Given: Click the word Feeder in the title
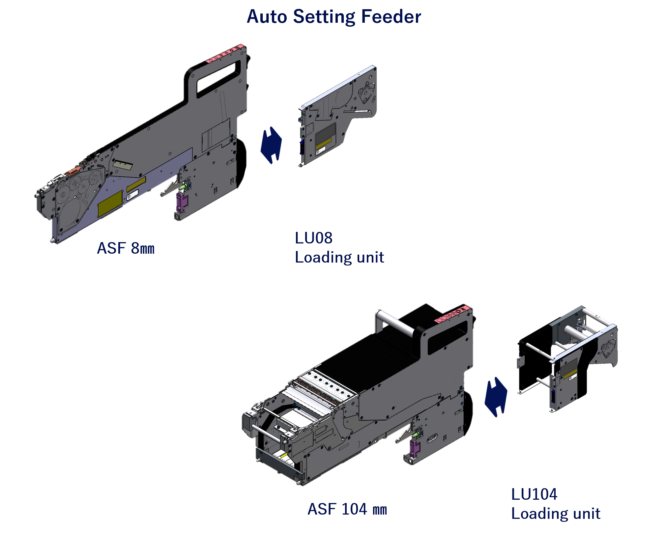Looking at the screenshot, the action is click(x=391, y=16).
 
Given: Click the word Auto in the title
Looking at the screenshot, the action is click(x=267, y=16).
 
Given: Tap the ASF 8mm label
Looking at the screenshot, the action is click(x=126, y=248).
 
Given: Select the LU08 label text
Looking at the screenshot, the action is click(x=313, y=238).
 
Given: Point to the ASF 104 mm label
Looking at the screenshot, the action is click(x=347, y=509).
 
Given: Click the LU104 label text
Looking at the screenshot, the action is click(x=534, y=494).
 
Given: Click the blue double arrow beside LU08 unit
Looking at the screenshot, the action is click(x=271, y=145).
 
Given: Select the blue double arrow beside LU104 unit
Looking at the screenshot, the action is click(x=496, y=397).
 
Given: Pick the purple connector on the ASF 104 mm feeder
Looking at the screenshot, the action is click(x=415, y=448).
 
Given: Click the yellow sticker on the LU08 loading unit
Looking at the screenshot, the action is click(x=324, y=143).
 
